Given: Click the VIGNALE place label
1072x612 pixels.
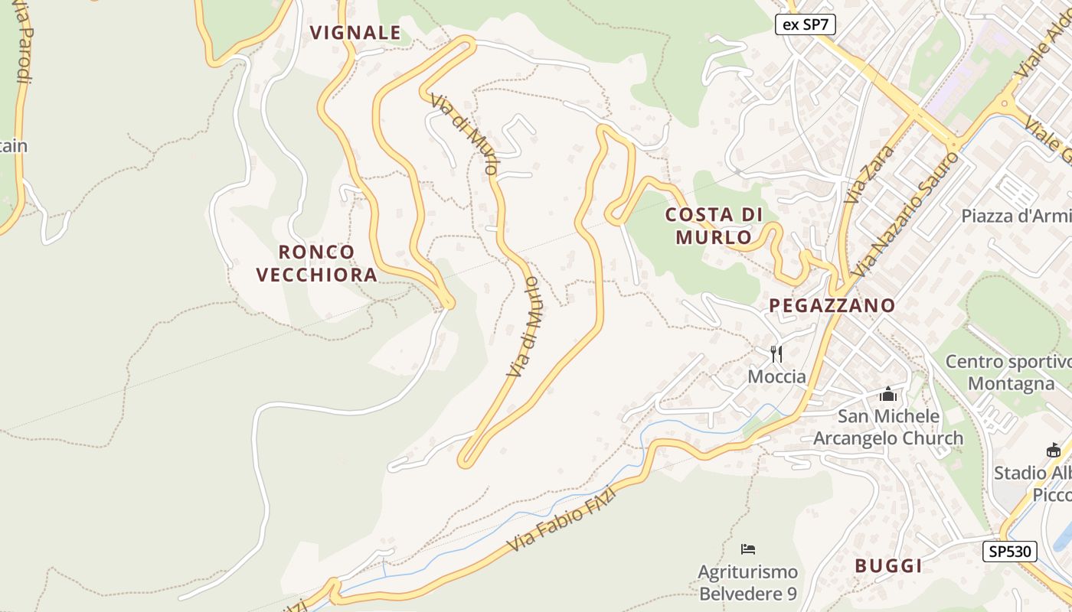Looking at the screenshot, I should coord(355,32).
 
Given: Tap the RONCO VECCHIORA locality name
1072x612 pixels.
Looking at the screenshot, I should coord(316,263).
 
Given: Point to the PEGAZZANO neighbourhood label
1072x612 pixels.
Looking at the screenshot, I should coord(832,305).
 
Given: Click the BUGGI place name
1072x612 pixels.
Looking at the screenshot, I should coord(888,566).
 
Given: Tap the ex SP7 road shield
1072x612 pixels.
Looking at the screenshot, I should coord(805,24).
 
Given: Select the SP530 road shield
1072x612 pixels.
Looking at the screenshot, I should coord(1009,551).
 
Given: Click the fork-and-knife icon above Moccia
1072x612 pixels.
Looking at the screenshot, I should coord(776,353).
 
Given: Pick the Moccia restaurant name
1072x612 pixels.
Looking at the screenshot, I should coord(776,376).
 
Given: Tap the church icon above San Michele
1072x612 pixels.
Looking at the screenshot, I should coord(888,394).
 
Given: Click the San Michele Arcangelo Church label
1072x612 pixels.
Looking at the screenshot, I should coord(888,427).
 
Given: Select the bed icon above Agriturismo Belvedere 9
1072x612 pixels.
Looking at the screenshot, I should coord(748,549).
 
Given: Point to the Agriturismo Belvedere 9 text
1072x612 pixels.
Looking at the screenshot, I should coord(747,583).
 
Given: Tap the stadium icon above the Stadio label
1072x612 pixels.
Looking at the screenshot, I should coord(1054,451).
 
